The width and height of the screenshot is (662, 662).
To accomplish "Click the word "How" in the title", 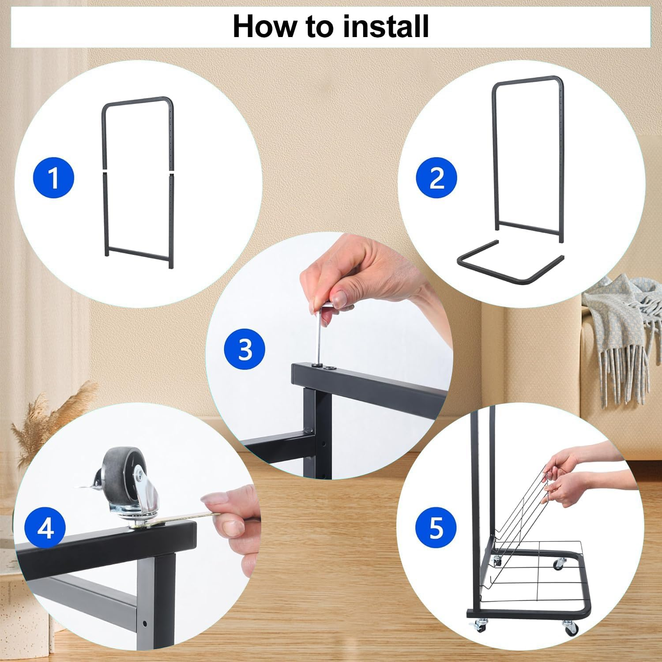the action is coord(265,26).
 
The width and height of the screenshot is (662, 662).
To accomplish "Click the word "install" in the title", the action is coord(386,26).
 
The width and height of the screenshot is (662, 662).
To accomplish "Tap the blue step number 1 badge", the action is coord(54,178).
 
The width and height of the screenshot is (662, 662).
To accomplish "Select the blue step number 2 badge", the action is coord(436,178).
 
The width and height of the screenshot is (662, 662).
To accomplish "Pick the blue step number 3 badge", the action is coord(245,350).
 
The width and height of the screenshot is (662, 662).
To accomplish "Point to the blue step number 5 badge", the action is coord(436,527).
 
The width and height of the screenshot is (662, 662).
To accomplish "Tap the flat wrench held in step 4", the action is coord(186,517).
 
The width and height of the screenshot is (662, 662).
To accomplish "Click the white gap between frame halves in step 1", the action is coord(138,170).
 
